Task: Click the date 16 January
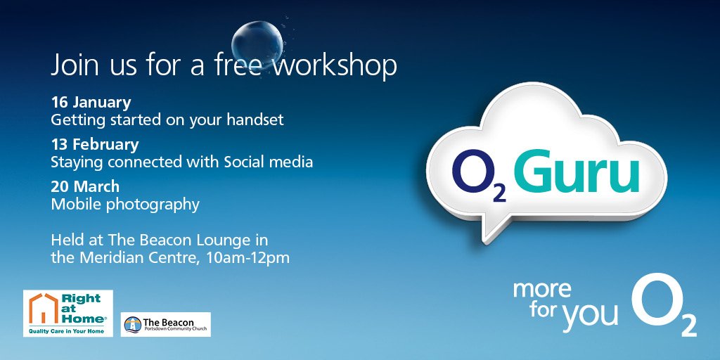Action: coord(91,103)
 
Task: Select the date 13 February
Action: coord(95,145)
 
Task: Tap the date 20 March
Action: coord(85,187)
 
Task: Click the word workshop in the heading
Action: coord(335,66)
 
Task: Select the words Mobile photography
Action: coord(125,205)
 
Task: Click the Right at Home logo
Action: coord(68,313)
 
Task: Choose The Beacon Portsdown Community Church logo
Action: coord(165,324)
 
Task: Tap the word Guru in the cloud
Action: coord(577,173)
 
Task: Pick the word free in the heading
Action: coord(239,66)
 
